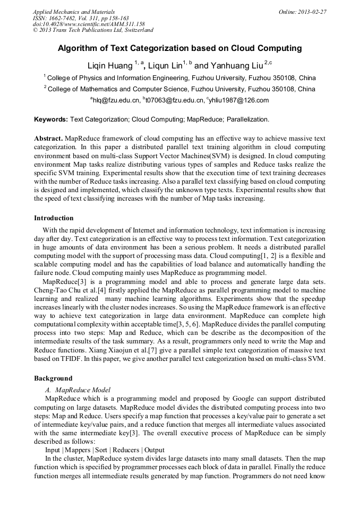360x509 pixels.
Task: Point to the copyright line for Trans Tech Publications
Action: tap(93, 30)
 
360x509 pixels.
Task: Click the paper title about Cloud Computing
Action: tap(179, 48)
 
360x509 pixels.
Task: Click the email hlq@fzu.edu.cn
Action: tap(115, 100)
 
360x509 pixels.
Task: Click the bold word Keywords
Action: tap(51, 119)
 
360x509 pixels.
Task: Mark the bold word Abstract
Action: tap(49, 138)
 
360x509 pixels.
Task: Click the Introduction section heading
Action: tap(54, 218)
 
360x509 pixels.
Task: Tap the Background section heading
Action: tap(53, 378)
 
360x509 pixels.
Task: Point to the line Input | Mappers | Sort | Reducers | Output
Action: tap(105, 450)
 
